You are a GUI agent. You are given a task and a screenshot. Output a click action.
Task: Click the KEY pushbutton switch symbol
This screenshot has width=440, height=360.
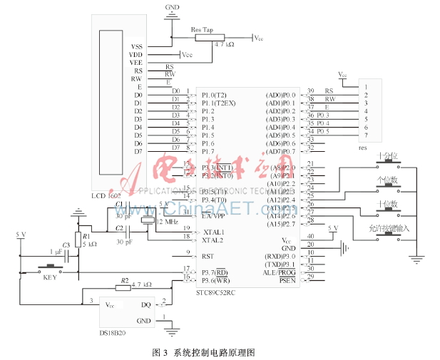[49, 269]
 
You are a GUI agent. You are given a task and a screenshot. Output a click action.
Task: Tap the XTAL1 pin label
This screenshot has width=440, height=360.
[214, 232]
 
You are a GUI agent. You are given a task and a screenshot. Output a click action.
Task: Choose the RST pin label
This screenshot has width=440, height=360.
[208, 255]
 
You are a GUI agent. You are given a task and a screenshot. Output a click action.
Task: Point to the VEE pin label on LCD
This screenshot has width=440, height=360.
[135, 63]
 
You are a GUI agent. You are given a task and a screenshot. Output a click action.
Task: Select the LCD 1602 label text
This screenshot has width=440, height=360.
[108, 195]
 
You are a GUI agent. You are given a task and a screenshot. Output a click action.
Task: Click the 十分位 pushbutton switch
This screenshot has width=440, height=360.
[389, 163]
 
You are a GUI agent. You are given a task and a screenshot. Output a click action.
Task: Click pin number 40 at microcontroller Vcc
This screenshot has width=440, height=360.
[310, 237]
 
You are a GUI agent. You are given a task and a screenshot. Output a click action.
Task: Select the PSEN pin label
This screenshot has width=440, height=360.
[287, 281]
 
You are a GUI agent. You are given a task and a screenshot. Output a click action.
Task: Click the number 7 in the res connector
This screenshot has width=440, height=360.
[365, 135]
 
